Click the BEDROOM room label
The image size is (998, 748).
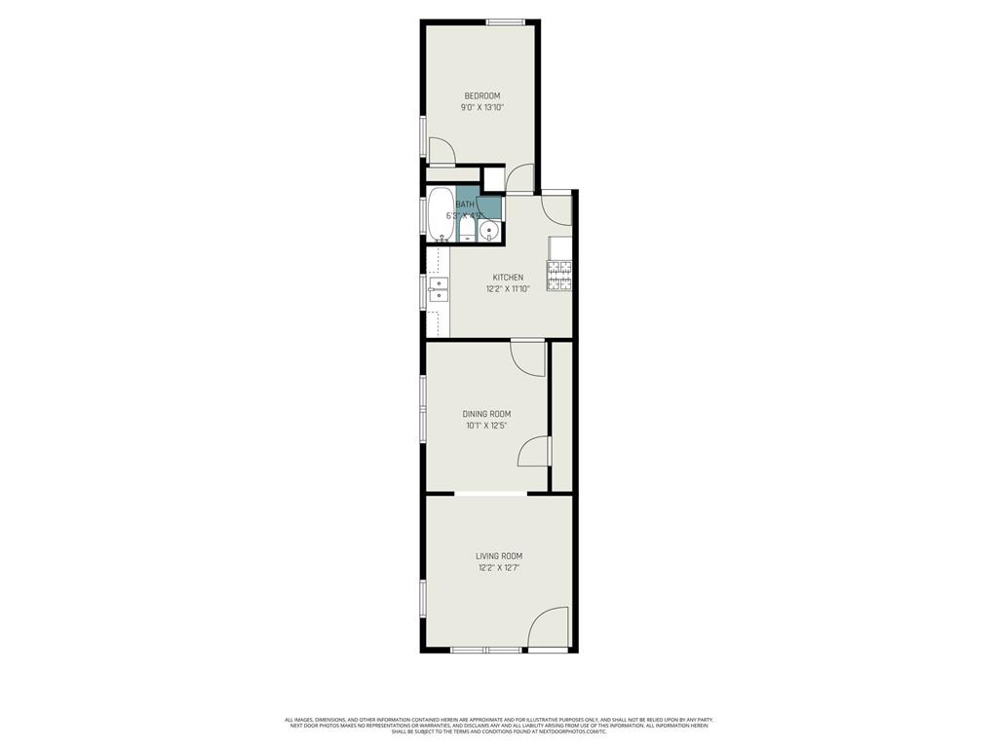pyautogui.click(x=481, y=95)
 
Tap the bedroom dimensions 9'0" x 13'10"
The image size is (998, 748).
pyautogui.click(x=481, y=107)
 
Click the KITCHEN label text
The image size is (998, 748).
pyautogui.click(x=508, y=278)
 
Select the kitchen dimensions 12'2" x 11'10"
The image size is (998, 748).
pyautogui.click(x=508, y=289)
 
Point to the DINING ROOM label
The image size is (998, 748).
pyautogui.click(x=486, y=414)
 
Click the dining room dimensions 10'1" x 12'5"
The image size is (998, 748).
pyautogui.click(x=486, y=426)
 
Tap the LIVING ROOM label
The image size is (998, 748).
pyautogui.click(x=499, y=556)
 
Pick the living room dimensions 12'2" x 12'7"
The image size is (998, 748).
pyautogui.click(x=499, y=568)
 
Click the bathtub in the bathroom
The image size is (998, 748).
pyautogui.click(x=440, y=213)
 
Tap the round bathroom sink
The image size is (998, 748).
pyautogui.click(x=489, y=231)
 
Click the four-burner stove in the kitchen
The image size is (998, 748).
pyautogui.click(x=560, y=278)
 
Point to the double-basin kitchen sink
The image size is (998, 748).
pyautogui.click(x=438, y=289)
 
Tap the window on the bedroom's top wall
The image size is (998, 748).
pyautogui.click(x=506, y=22)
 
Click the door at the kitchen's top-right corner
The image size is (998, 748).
pyautogui.click(x=557, y=209)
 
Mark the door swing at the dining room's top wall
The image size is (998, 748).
pyautogui.click(x=528, y=357)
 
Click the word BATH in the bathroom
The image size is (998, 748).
pyautogui.click(x=465, y=204)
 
